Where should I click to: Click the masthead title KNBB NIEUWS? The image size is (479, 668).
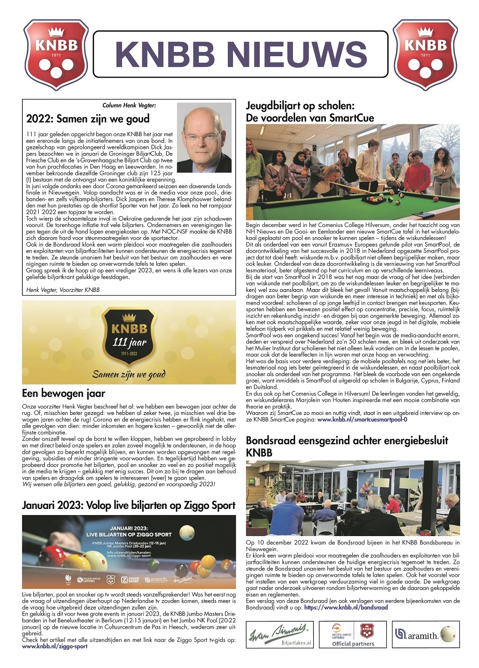241,54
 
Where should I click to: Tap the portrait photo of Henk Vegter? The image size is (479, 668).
204,138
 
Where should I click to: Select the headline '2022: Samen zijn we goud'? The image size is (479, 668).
88,119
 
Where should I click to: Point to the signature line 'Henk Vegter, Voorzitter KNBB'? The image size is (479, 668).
63,290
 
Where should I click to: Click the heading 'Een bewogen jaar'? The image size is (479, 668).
64,393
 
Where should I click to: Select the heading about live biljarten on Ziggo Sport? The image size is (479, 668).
129,505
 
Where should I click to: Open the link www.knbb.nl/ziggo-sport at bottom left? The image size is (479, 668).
55,646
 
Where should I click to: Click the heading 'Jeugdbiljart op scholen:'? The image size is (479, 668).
300,106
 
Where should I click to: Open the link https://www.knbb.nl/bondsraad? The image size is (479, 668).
346,607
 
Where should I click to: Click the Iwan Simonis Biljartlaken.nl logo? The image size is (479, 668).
279,634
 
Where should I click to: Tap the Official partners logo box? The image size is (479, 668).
353,634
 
